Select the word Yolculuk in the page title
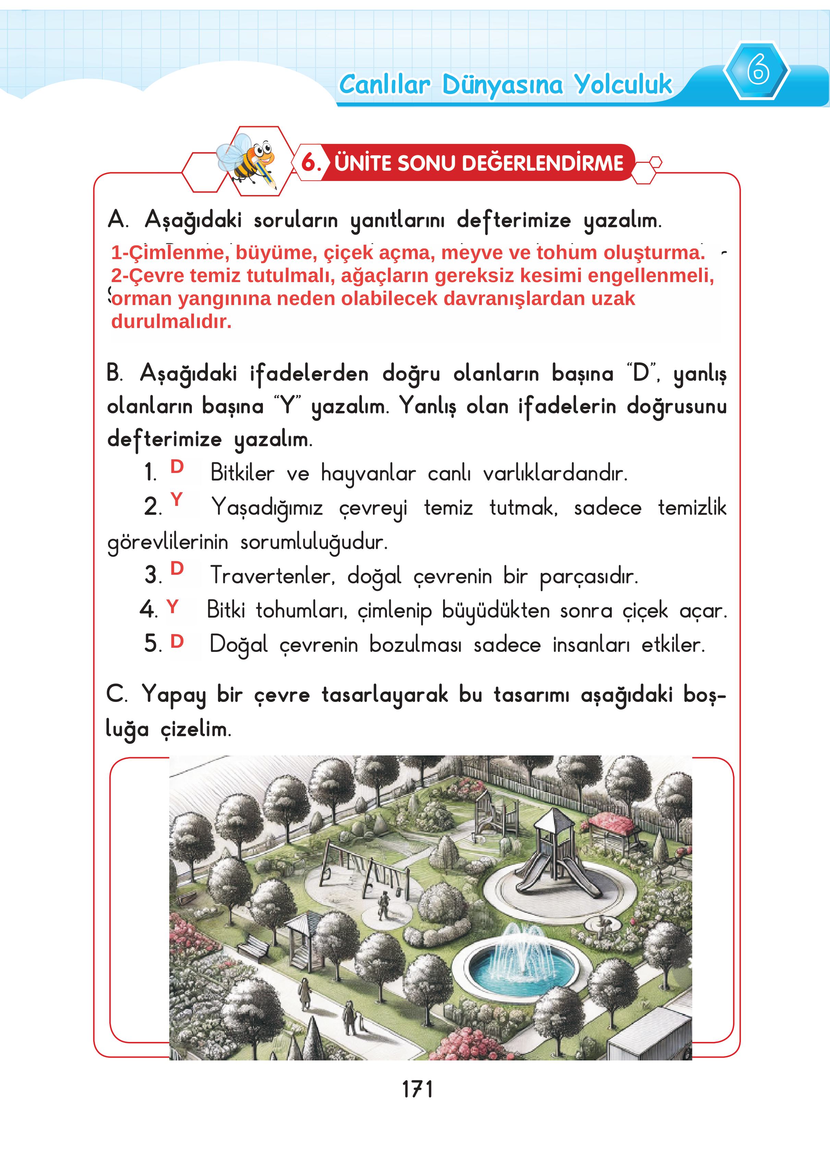coord(623,84)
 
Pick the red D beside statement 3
coord(176,568)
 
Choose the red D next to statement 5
coord(176,642)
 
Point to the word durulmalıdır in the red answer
coord(171,321)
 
